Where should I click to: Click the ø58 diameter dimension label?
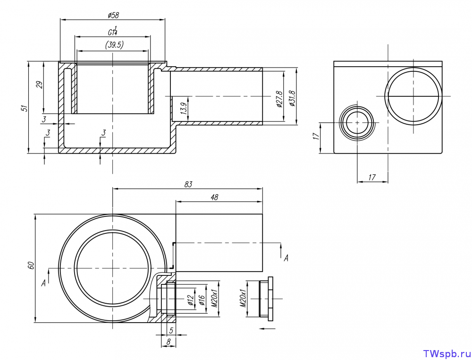click(x=113, y=15)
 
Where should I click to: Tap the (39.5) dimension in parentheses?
click(x=114, y=44)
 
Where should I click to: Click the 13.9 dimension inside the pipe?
click(x=184, y=108)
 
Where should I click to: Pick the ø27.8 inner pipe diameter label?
click(x=279, y=99)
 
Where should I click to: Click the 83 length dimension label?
click(x=188, y=184)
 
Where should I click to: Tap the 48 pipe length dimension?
click(x=214, y=197)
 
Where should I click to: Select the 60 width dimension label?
click(x=31, y=265)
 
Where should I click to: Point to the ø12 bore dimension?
click(x=190, y=300)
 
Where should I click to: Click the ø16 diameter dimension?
click(x=202, y=300)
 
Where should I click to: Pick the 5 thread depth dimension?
click(x=171, y=331)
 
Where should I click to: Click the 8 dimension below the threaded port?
click(x=169, y=342)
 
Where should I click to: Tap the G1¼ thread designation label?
click(x=113, y=31)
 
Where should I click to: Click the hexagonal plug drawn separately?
click(x=266, y=299)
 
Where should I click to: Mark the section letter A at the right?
click(x=286, y=258)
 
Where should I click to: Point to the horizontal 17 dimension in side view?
click(x=372, y=177)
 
